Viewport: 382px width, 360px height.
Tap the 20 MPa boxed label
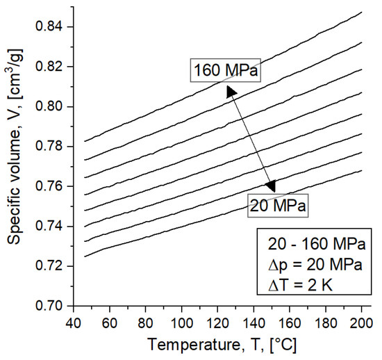click(x=277, y=205)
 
